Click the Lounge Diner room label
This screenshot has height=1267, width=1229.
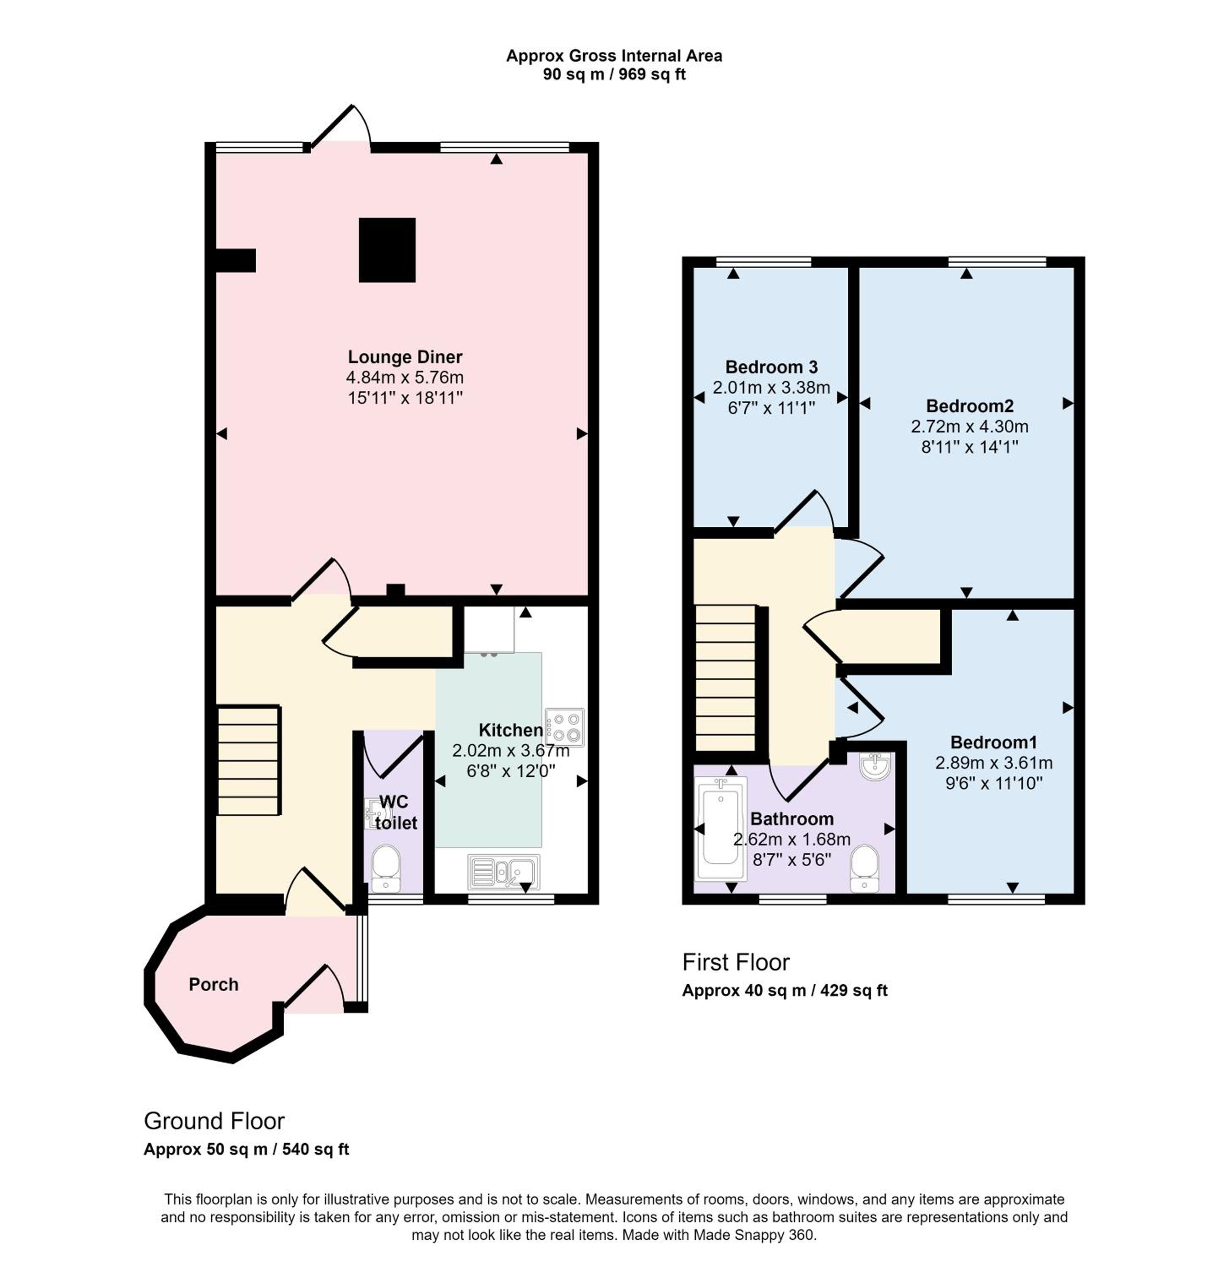405,357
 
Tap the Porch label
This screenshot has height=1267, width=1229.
213,984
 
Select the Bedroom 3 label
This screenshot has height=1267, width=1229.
771,367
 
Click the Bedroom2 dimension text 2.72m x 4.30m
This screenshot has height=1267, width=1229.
969,427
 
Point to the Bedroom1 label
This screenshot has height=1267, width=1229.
993,742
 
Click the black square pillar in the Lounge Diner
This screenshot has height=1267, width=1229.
386,250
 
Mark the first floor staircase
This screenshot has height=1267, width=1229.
725,678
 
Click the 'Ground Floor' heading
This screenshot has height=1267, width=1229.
214,1120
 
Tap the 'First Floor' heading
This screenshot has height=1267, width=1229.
736,962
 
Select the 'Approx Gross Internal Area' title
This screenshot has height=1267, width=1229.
614,56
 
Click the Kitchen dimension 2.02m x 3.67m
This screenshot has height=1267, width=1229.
510,750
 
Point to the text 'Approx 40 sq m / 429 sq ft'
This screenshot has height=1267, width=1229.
785,990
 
